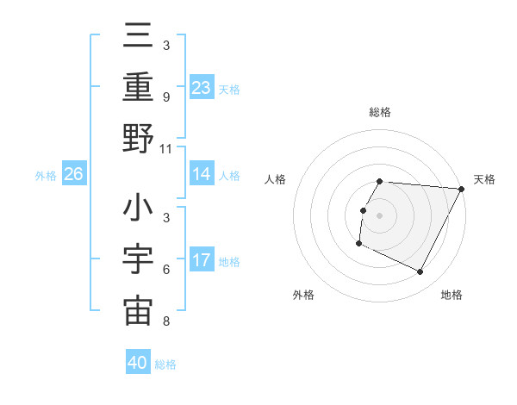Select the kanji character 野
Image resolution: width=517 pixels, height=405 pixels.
(x=138, y=138)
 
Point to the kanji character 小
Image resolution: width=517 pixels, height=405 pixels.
(x=138, y=209)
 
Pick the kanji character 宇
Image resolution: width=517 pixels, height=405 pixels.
(x=138, y=259)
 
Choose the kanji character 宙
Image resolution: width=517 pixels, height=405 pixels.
(x=138, y=310)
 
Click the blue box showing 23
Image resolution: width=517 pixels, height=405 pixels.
(x=202, y=87)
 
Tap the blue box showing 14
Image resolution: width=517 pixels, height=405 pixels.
(x=202, y=174)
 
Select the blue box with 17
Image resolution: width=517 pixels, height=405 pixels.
(x=202, y=260)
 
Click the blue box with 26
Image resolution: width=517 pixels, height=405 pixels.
(x=74, y=174)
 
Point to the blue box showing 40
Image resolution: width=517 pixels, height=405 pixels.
(x=138, y=363)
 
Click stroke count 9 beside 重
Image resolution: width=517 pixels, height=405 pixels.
(x=165, y=97)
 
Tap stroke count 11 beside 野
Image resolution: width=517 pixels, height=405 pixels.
(x=166, y=148)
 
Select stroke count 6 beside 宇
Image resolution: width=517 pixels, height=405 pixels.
(x=165, y=270)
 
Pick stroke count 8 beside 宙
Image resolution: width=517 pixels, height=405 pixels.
(x=165, y=321)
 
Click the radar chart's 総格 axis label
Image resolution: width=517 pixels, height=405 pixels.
(x=380, y=112)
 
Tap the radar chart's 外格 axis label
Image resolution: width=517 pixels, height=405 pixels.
(x=303, y=295)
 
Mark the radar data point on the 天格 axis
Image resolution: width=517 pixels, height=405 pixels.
(x=461, y=189)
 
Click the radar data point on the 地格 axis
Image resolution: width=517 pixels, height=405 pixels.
(x=420, y=272)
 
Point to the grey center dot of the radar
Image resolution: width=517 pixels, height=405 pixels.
(x=380, y=215)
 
